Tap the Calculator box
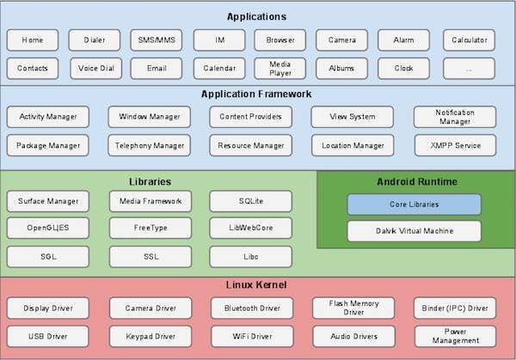[469, 40]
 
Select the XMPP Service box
[454, 146]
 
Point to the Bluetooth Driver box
[251, 308]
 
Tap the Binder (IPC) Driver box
[454, 308]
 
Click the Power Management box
[454, 336]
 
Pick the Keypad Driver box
[150, 336]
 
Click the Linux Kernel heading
[258, 284]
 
